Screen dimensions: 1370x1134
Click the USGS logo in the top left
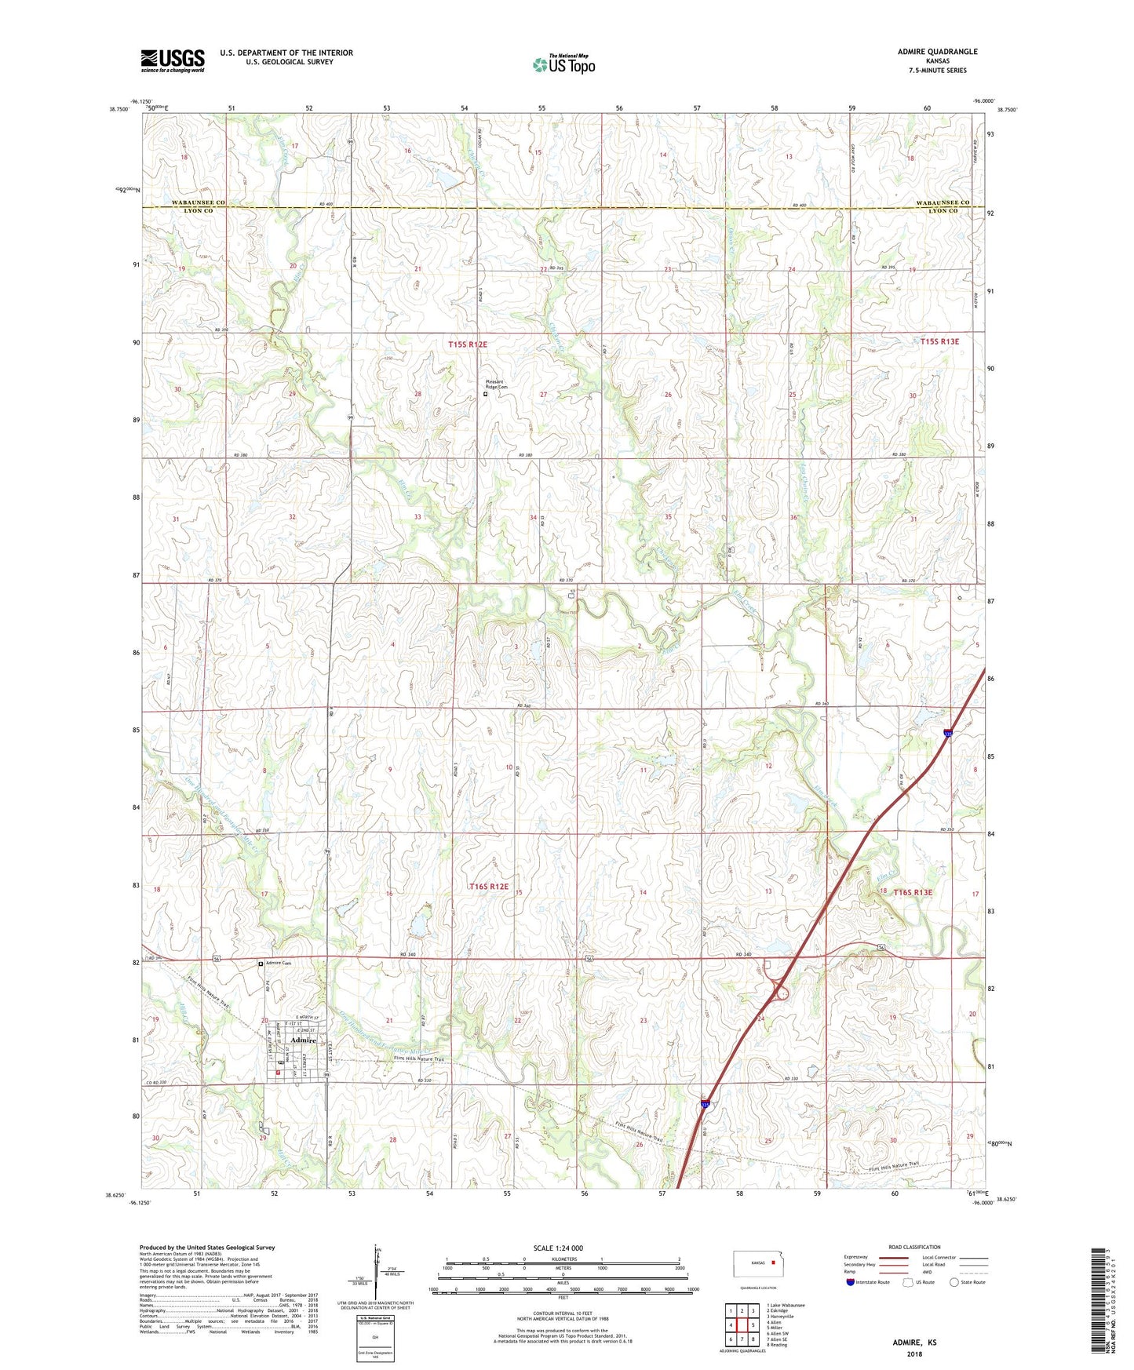point(173,60)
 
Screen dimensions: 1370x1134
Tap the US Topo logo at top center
point(563,64)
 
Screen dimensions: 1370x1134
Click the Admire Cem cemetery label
point(279,964)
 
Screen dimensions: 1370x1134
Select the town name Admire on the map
point(303,1040)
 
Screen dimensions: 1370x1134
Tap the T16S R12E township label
point(489,887)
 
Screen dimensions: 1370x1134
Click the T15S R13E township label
point(939,341)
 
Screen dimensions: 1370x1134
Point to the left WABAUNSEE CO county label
point(199,202)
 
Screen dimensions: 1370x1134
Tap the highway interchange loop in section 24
point(780,993)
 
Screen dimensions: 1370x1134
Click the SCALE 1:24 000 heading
point(558,1248)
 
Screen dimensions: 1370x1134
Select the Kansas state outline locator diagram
point(753,1264)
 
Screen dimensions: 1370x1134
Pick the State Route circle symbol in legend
point(954,1282)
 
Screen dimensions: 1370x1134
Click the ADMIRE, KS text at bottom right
point(914,1343)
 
